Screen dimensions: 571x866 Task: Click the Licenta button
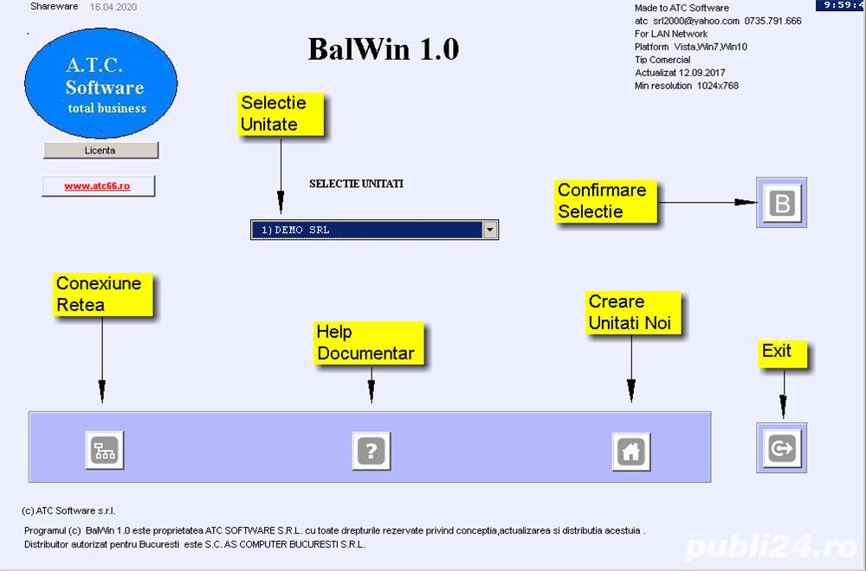100,150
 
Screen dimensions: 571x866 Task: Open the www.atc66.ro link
98,186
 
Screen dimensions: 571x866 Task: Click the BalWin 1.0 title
383,49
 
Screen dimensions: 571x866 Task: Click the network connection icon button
106,451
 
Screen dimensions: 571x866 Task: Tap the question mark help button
372,451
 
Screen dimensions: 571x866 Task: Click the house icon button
631,451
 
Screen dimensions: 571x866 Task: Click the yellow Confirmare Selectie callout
603,200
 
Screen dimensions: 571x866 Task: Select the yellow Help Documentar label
367,342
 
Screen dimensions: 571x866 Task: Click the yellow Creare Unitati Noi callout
630,313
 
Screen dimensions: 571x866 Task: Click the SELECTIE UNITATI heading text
356,184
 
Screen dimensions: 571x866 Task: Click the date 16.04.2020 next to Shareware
113,7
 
